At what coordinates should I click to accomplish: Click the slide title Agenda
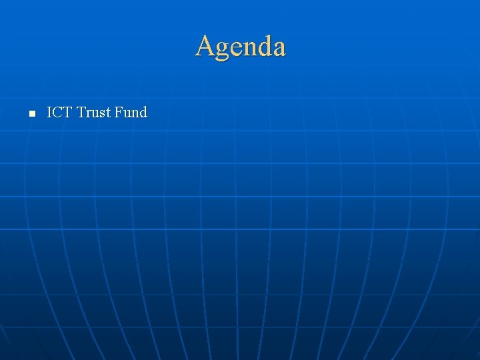tap(240, 47)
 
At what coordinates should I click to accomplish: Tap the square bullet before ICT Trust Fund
tap(31, 113)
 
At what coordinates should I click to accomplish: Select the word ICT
tap(59, 112)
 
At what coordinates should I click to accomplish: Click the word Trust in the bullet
tap(94, 112)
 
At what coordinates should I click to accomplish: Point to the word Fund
tap(131, 112)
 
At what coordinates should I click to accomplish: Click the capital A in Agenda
tap(205, 46)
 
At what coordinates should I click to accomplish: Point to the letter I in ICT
tap(50, 112)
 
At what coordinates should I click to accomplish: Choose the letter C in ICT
tap(58, 112)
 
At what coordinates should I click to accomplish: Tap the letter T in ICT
tap(68, 112)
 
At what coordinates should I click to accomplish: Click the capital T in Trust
tap(81, 112)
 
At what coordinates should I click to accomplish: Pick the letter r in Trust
tap(89, 114)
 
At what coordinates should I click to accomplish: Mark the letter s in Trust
tap(102, 114)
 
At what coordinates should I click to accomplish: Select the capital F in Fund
tap(119, 112)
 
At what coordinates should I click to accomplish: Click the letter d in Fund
tap(143, 112)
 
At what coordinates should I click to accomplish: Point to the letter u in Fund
tap(127, 114)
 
